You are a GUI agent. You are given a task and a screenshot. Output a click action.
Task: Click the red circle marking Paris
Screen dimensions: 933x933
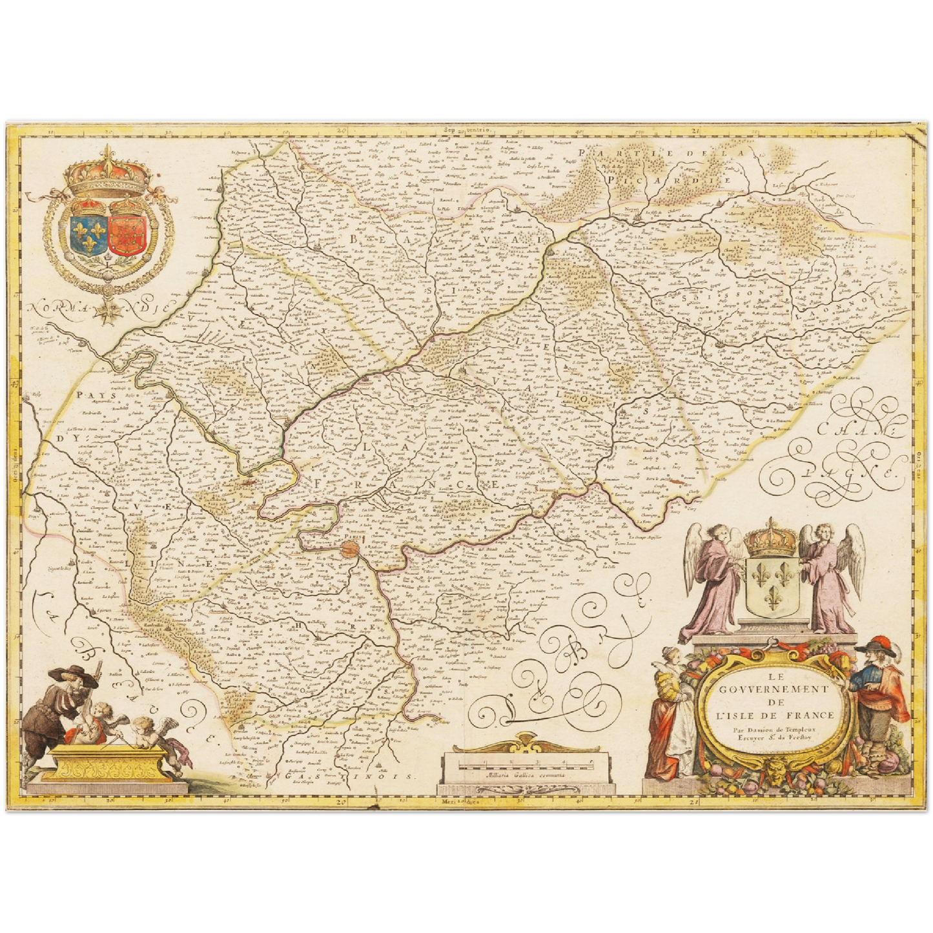[x=350, y=549]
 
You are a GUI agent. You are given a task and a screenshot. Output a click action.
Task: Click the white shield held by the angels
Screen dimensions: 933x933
[x=772, y=588]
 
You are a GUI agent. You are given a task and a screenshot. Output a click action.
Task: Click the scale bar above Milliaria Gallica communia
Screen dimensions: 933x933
[x=524, y=763]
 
